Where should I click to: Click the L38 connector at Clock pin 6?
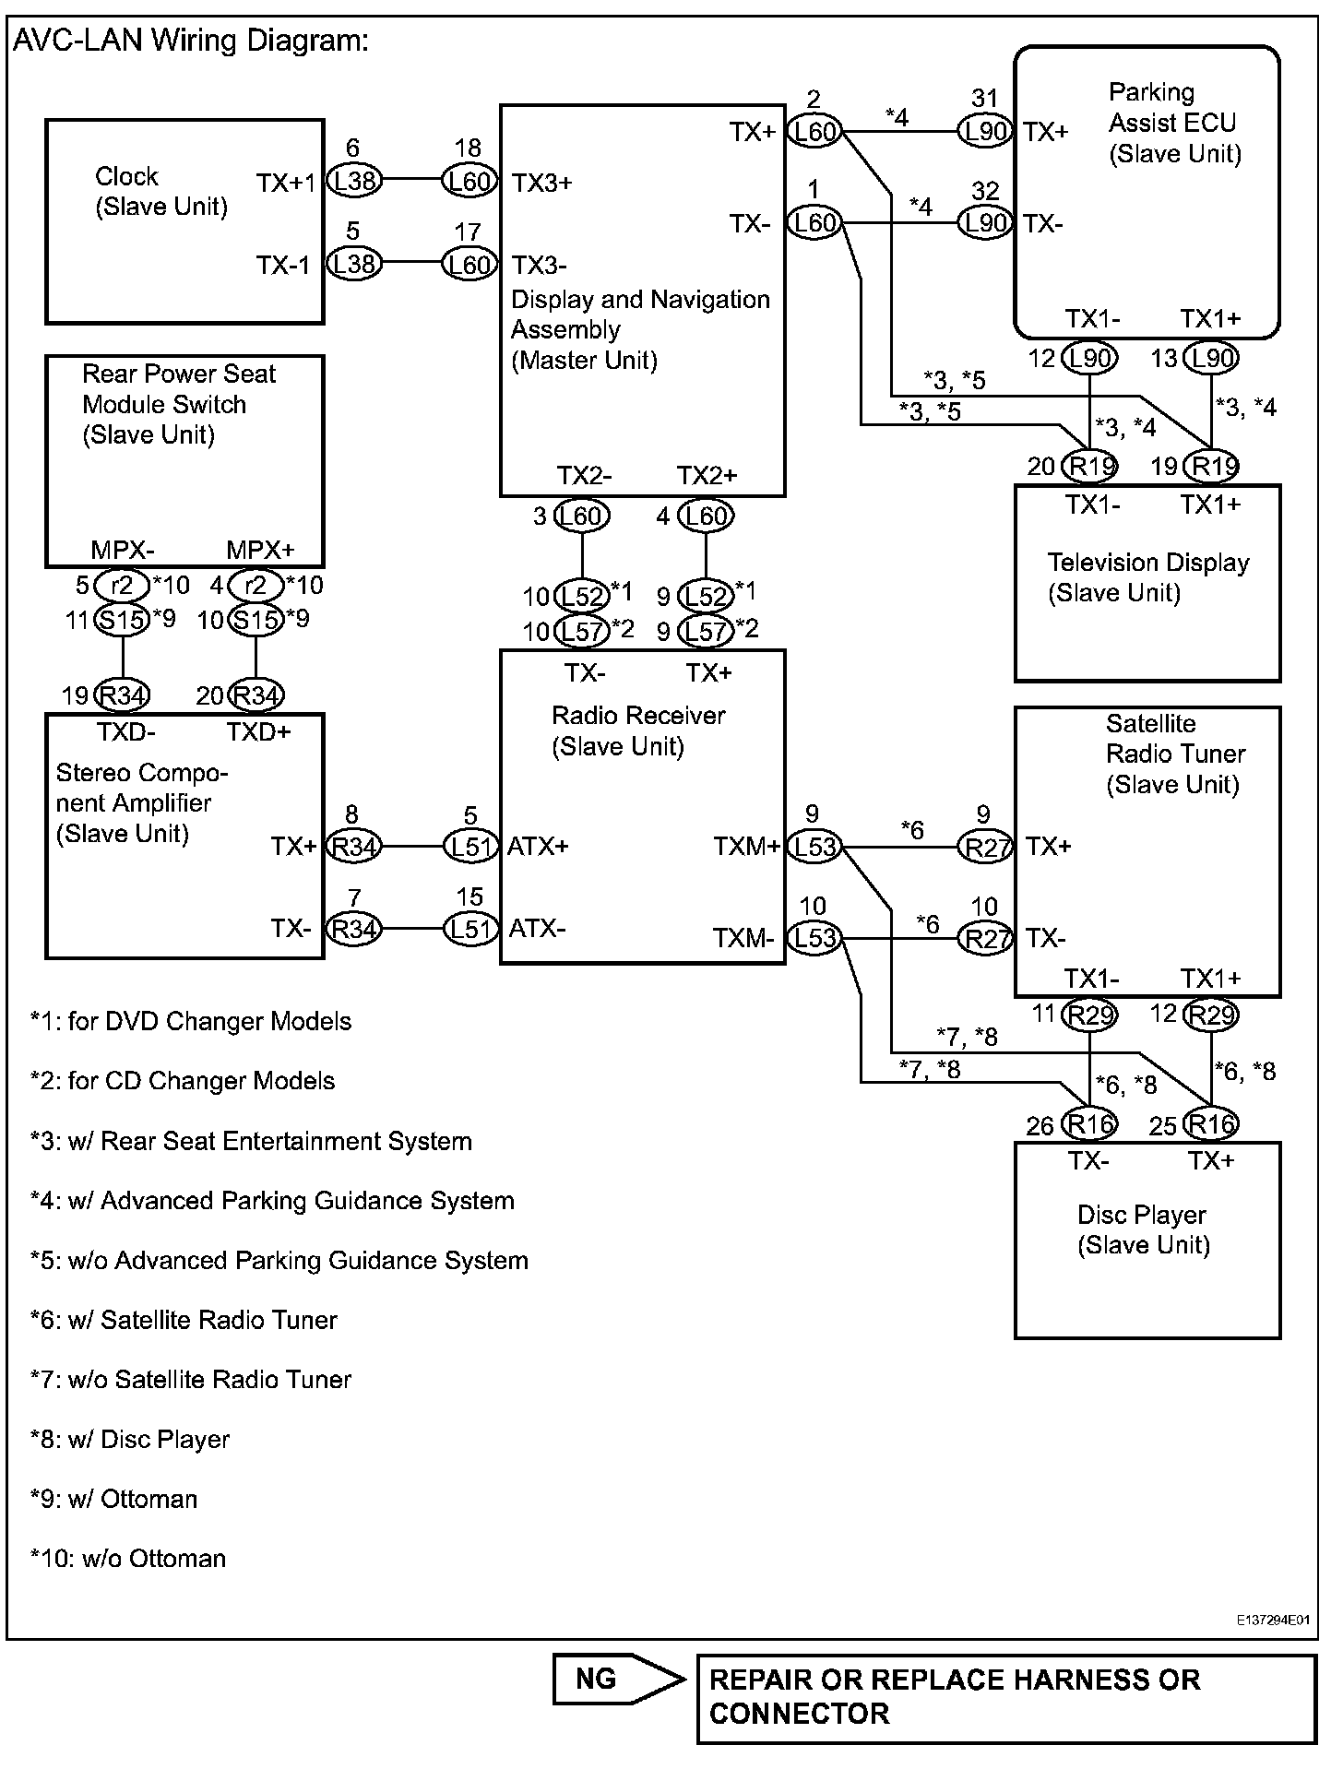(x=354, y=181)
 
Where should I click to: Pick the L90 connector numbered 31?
(x=985, y=131)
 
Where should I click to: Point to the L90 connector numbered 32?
(x=985, y=222)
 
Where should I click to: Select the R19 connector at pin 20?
(x=1090, y=466)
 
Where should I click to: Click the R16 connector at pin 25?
(x=1211, y=1124)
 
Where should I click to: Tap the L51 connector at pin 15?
(x=470, y=929)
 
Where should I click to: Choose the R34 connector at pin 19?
(x=123, y=695)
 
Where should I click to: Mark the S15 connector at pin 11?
(x=122, y=620)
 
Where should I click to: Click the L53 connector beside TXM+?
(x=814, y=846)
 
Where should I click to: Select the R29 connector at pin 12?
(x=1211, y=1015)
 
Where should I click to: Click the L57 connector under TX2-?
(x=582, y=631)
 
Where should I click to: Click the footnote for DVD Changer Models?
(x=190, y=1021)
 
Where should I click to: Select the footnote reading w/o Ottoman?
(x=127, y=1558)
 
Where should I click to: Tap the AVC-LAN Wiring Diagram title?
(x=190, y=41)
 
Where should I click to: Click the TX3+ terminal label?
(x=542, y=183)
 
